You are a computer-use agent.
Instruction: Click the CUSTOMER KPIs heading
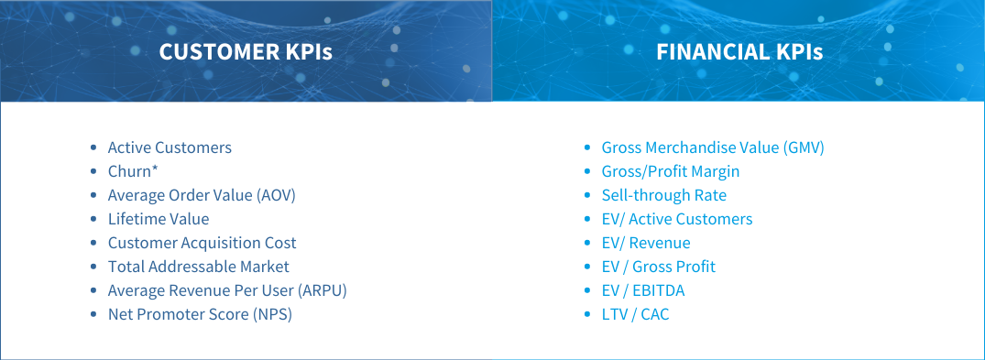(x=246, y=52)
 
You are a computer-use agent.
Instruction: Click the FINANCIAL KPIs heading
(x=739, y=52)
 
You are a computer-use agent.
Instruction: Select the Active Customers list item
(x=170, y=147)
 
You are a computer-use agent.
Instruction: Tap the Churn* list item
(x=134, y=171)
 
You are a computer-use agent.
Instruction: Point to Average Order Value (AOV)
(x=202, y=195)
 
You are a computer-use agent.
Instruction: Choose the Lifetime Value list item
(x=159, y=219)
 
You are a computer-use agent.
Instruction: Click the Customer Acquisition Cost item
(x=202, y=243)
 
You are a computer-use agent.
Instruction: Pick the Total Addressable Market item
(x=199, y=267)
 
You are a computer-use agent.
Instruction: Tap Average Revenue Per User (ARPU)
(x=227, y=290)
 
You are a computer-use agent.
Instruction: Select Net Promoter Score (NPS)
(x=206, y=314)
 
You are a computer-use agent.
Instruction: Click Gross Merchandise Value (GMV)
(x=713, y=147)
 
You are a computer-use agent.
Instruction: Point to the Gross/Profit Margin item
(x=671, y=171)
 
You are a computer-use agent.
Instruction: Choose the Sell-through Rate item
(x=664, y=195)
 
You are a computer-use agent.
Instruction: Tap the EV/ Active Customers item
(x=677, y=219)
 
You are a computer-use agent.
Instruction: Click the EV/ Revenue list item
(x=646, y=243)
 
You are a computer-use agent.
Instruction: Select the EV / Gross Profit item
(x=659, y=267)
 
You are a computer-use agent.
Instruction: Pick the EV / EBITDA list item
(x=643, y=290)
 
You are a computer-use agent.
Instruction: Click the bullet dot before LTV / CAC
(x=588, y=315)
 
